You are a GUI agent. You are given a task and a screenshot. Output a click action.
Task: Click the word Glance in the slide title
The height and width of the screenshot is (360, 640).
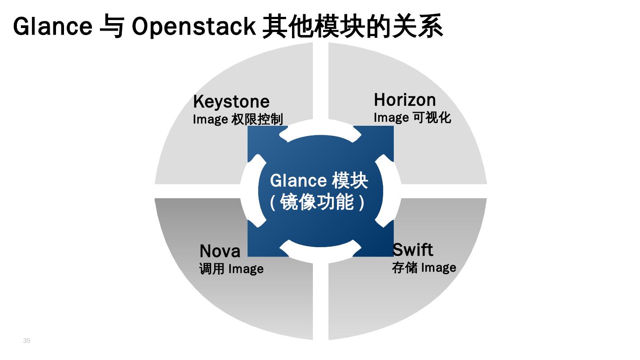pos(52,27)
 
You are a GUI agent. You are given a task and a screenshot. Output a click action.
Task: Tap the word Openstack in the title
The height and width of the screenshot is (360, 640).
pos(193,27)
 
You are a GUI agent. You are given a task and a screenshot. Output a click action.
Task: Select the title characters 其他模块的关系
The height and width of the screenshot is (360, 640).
pos(352,27)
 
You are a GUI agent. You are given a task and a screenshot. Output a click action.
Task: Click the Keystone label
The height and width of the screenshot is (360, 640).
pos(231,102)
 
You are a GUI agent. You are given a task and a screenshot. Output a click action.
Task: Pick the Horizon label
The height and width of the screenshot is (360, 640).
pos(404,100)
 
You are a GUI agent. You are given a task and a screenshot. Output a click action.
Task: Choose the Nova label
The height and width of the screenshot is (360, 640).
pos(220,251)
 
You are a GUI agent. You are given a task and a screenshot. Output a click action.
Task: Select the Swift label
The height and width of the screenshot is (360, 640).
pos(412,250)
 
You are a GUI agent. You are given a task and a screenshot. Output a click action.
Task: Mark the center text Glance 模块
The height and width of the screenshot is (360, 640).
pos(319,181)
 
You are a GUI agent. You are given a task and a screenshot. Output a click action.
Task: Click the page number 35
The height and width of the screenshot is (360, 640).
pos(27,340)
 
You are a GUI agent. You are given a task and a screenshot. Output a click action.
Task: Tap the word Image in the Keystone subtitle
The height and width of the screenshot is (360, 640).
pos(210,120)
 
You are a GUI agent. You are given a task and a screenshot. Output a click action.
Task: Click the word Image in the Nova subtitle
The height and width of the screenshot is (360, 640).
pos(246,269)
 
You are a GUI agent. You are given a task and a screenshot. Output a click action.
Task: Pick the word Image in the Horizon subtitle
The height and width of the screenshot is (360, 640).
pos(391,117)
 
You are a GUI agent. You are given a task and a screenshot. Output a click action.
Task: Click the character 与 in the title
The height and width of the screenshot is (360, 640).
pos(111,27)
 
